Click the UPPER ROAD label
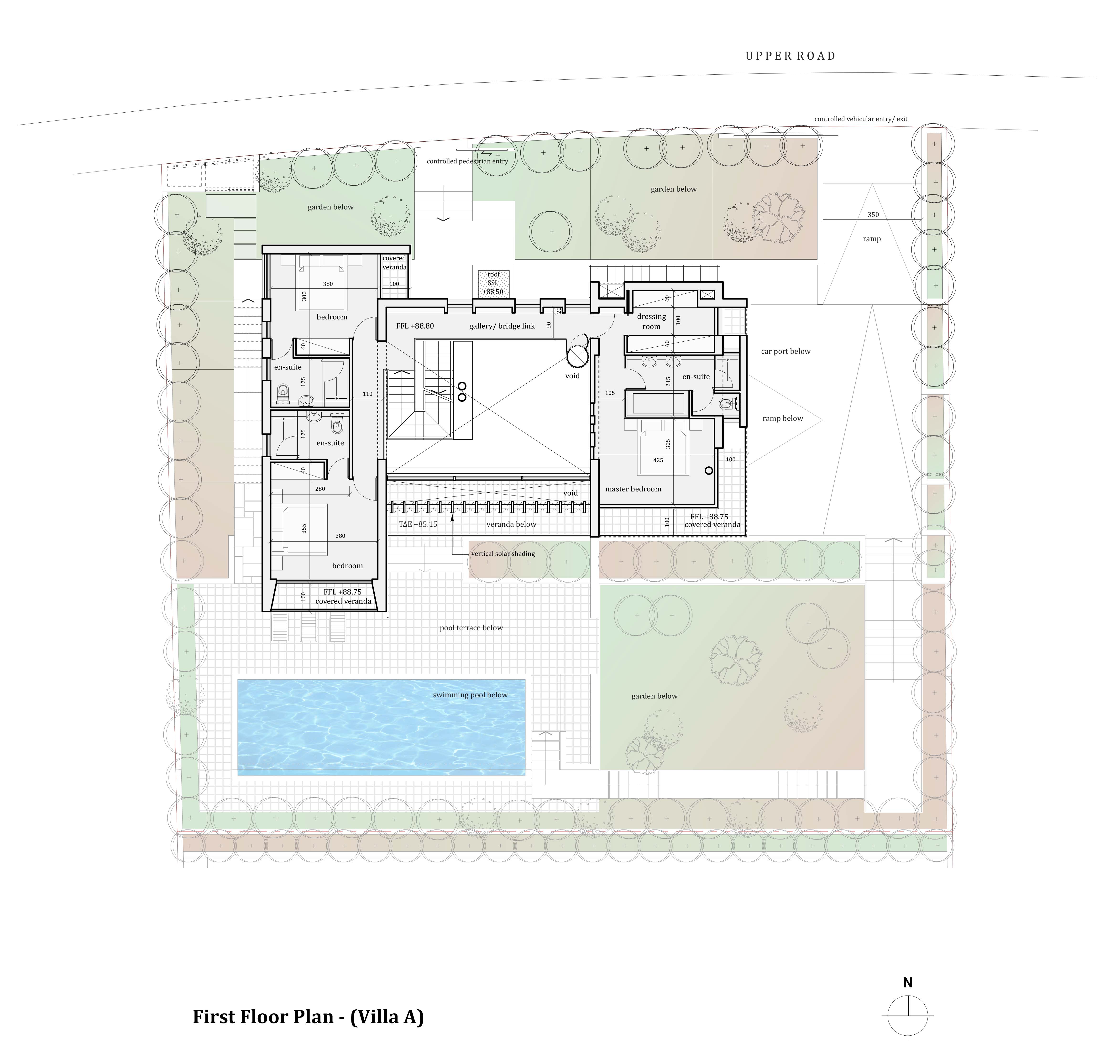(791, 56)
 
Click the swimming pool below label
(470, 695)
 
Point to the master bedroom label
(633, 489)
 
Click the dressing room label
(652, 322)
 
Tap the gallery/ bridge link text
(502, 326)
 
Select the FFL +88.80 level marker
(415, 326)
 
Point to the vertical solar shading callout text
(503, 554)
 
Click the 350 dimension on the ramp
(873, 214)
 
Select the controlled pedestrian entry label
(467, 161)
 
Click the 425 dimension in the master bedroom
(658, 460)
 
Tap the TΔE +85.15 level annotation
(418, 524)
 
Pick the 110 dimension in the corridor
(367, 394)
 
